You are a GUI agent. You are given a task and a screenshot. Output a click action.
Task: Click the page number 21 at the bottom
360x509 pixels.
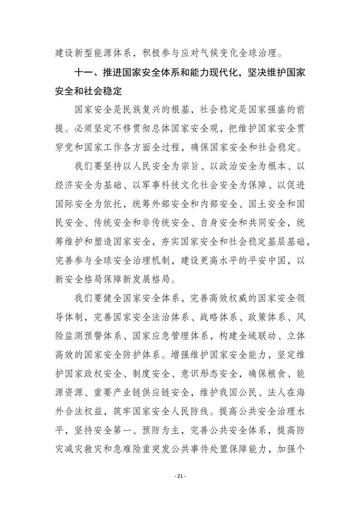tap(180, 476)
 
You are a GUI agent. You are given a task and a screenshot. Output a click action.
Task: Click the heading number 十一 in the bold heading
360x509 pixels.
tap(84, 72)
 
